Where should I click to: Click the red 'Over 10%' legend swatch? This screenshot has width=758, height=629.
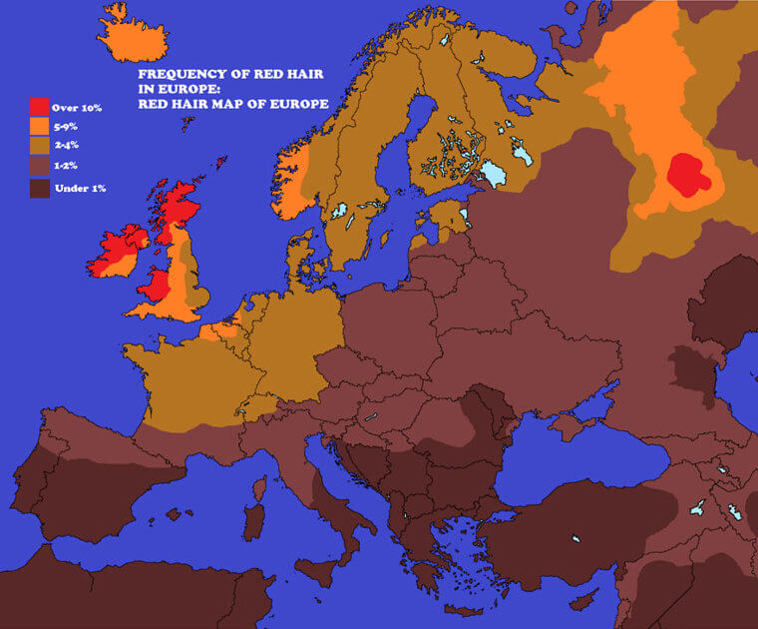point(39,107)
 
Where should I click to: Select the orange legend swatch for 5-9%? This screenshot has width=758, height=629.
point(39,127)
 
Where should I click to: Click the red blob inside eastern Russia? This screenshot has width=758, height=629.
point(689,175)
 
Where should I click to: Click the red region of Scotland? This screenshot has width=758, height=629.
point(181,207)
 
